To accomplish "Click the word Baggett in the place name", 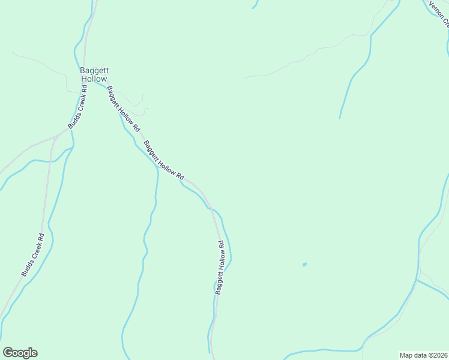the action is point(94,70).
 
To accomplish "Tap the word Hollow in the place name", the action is point(94,79).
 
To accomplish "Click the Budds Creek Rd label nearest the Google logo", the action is point(33,254).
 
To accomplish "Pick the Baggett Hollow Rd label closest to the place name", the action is point(123,109).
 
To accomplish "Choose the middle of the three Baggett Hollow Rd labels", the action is point(163,160).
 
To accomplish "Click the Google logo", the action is point(20,353).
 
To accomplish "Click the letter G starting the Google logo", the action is point(8,352).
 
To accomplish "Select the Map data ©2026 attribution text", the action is point(423,355).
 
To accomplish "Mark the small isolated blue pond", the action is point(304,264).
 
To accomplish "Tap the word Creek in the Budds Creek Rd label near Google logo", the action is point(32,256).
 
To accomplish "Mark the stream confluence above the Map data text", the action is point(417,279).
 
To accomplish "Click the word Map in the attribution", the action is point(406,355).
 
